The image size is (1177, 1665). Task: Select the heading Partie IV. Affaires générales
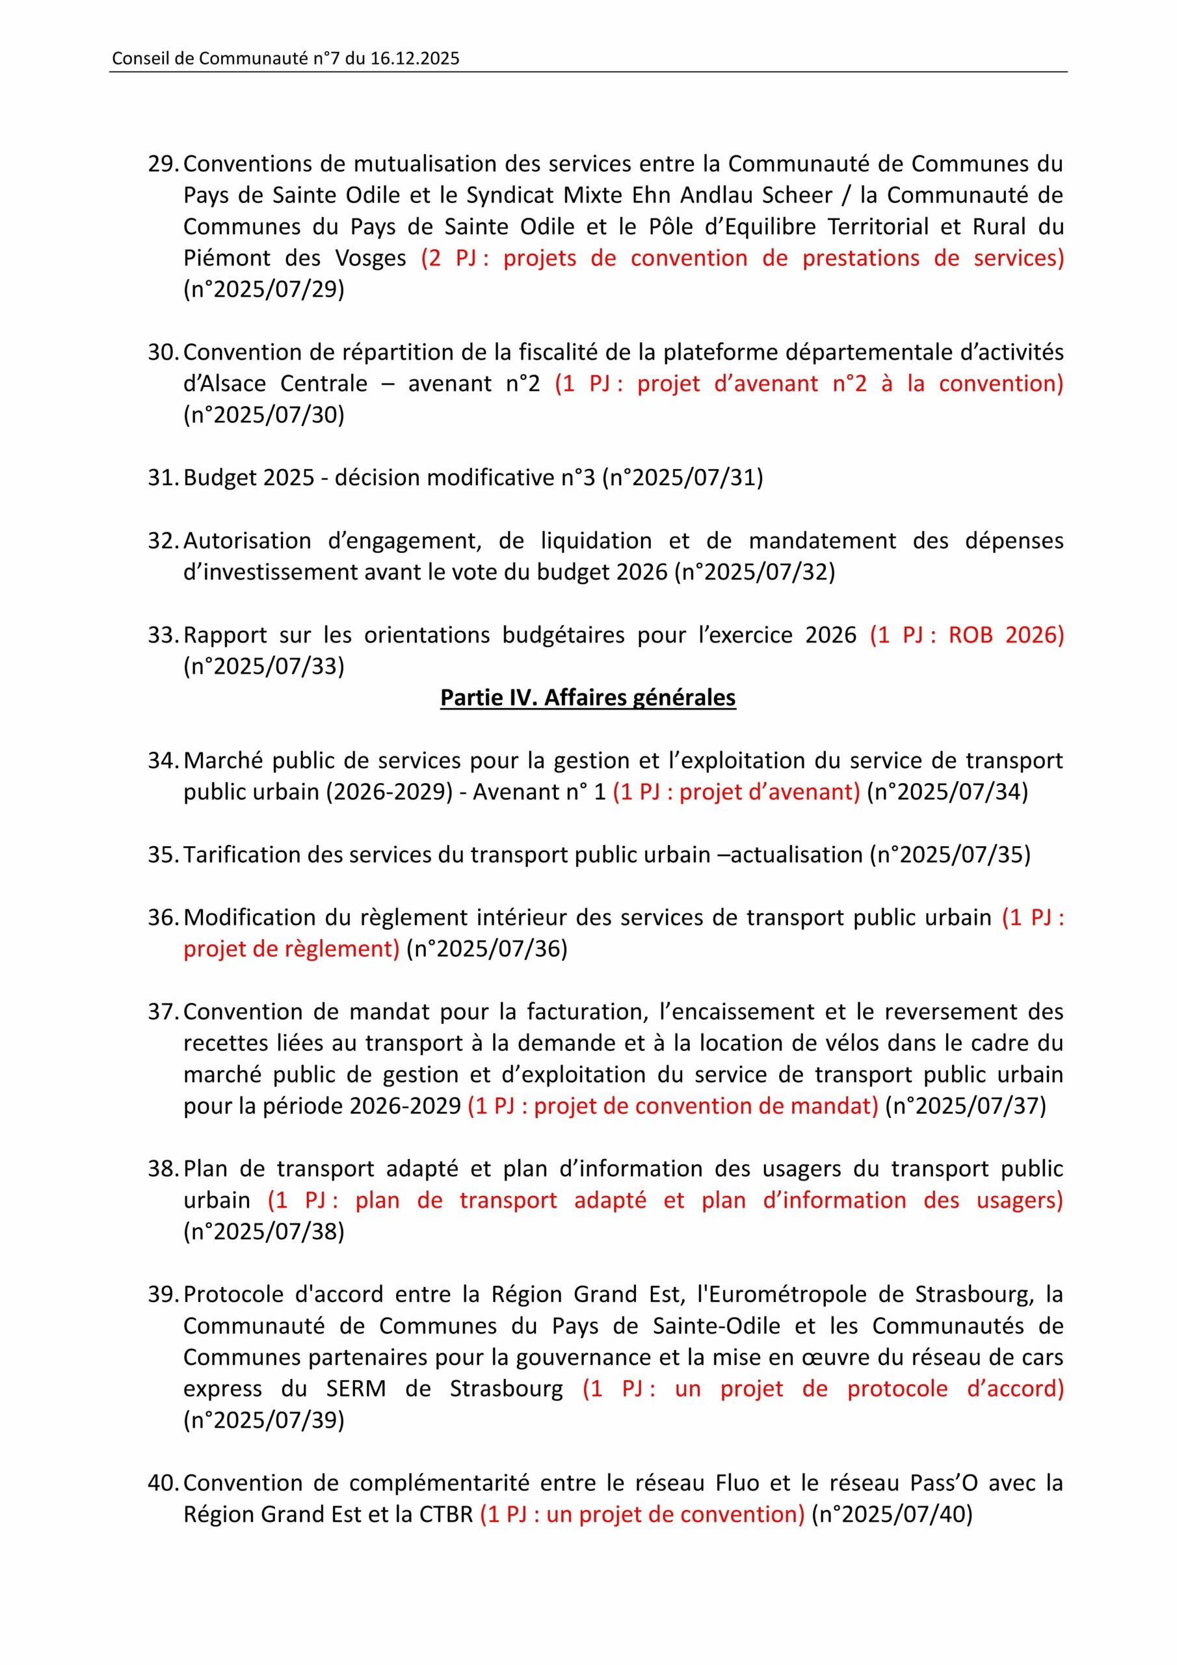(x=587, y=698)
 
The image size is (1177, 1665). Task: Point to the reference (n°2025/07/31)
(x=682, y=478)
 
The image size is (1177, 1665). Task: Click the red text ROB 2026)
(x=1006, y=635)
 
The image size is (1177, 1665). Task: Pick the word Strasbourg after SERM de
(x=506, y=1388)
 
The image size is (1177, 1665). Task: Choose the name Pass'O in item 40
(x=901, y=1482)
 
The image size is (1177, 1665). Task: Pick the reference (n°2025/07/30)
(x=264, y=415)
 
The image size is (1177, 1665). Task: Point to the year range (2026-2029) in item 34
(x=389, y=791)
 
